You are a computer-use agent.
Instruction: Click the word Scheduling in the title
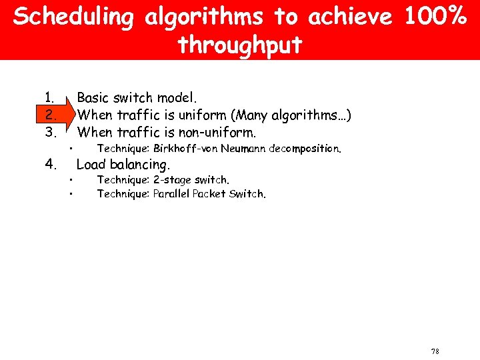73,17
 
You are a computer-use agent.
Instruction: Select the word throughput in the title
240,45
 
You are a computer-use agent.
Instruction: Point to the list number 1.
49,98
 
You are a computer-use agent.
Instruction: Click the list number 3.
49,131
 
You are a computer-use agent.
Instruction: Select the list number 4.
49,164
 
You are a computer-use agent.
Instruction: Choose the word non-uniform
214,131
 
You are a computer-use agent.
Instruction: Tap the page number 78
435,351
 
